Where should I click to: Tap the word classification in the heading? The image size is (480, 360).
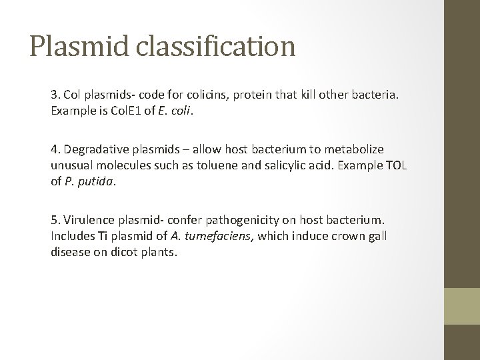[217, 46]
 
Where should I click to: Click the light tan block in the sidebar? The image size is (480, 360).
[463, 307]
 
